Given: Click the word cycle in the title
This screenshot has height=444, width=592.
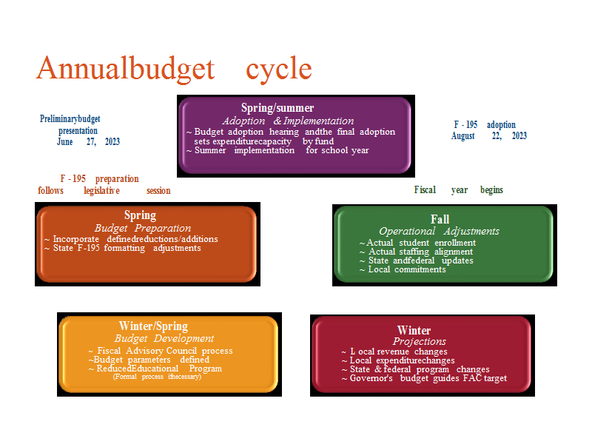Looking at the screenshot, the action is pyautogui.click(x=279, y=70).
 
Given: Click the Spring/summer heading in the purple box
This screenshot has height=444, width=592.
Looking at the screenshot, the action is pyautogui.click(x=277, y=108).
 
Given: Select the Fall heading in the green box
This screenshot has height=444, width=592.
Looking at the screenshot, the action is pyautogui.click(x=440, y=219).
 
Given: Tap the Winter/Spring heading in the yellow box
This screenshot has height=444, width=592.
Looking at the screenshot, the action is pyautogui.click(x=153, y=326).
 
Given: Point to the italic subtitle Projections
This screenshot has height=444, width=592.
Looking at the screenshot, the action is pyautogui.click(x=420, y=341).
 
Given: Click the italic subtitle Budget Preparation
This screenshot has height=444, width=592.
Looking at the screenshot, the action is pyautogui.click(x=143, y=228).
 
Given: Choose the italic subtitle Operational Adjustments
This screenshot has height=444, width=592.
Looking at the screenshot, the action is pyautogui.click(x=439, y=231).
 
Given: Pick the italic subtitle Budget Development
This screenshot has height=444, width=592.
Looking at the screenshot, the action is pyautogui.click(x=164, y=338).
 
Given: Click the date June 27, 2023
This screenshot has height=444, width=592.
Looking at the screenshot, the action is pyautogui.click(x=88, y=141).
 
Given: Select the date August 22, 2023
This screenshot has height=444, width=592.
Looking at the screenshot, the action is pyautogui.click(x=489, y=136).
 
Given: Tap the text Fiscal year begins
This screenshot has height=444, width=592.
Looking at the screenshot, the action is pyautogui.click(x=459, y=189).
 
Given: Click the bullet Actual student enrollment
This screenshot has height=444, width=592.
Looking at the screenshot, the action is pyautogui.click(x=417, y=243).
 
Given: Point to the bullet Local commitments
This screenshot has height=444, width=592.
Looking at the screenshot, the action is pyautogui.click(x=403, y=269).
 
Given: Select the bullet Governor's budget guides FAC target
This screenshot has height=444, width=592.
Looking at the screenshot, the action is pyautogui.click(x=424, y=378).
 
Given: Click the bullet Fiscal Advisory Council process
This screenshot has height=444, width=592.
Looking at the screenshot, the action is pyautogui.click(x=161, y=351).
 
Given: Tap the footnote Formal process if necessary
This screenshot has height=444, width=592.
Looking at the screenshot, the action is pyautogui.click(x=157, y=377).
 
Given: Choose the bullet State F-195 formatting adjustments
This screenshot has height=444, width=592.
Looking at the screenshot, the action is pyautogui.click(x=123, y=248).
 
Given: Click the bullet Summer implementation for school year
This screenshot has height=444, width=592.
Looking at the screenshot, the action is pyautogui.click(x=277, y=150).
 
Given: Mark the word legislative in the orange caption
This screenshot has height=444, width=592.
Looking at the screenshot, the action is pyautogui.click(x=101, y=191).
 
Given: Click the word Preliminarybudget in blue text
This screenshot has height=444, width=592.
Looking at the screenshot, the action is pyautogui.click(x=70, y=119).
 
